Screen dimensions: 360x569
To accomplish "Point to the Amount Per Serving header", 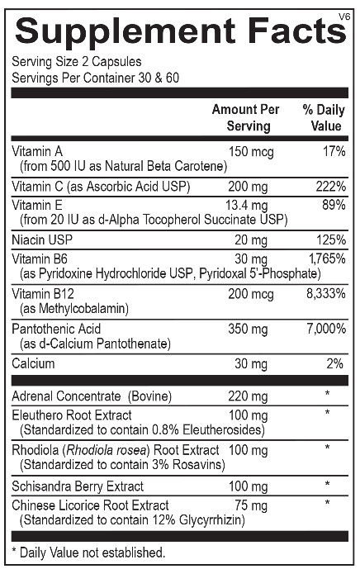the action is click(x=245, y=118).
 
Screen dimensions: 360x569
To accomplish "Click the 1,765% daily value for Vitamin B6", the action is click(x=327, y=258).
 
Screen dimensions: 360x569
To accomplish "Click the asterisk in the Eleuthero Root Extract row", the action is click(x=328, y=412).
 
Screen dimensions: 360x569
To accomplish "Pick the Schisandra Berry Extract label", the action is click(x=78, y=486).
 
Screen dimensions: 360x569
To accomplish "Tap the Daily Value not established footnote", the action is click(x=88, y=552).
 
